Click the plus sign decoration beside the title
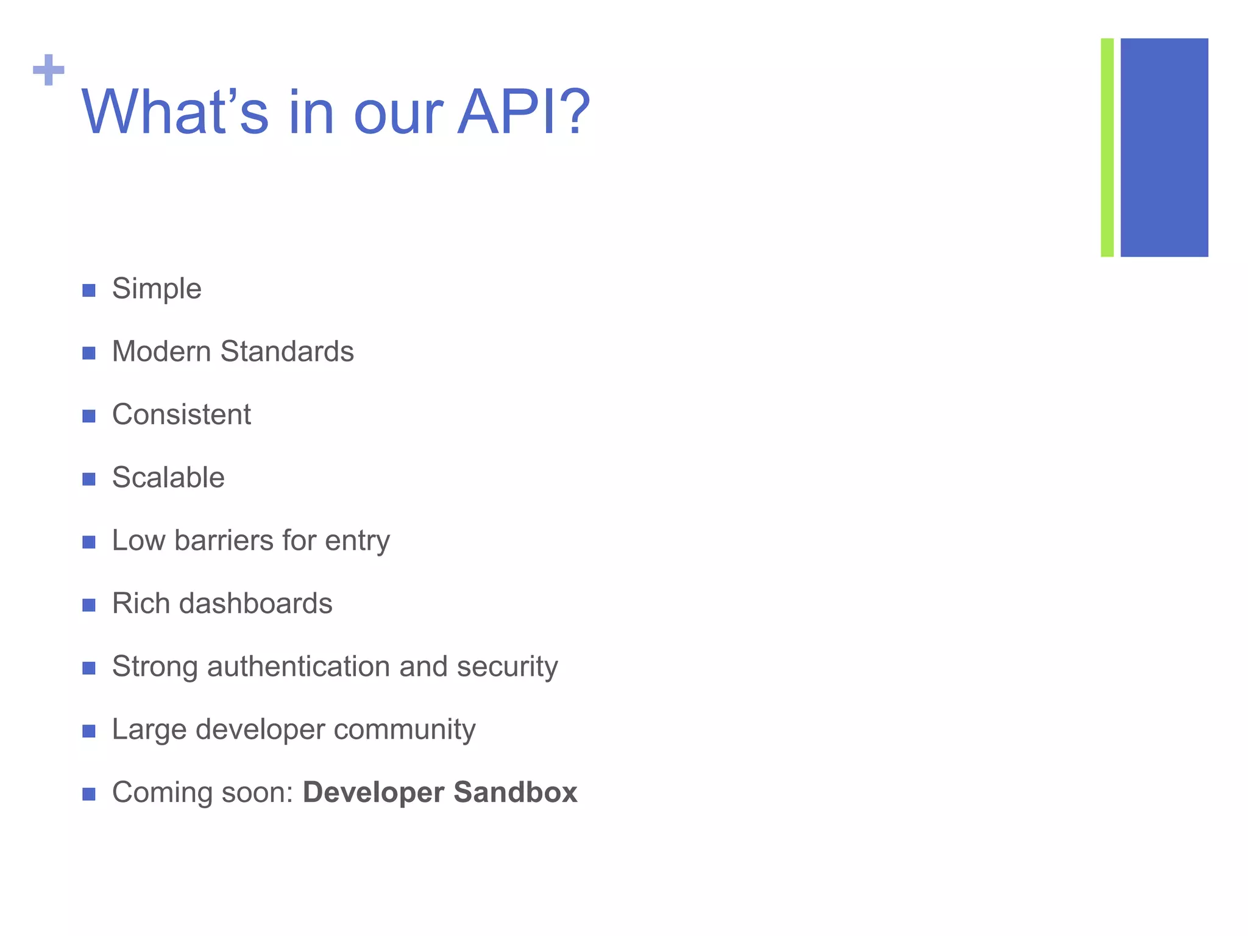tap(49, 70)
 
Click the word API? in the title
tap(523, 113)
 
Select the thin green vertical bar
tap(1107, 147)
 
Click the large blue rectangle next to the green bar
tap(1164, 147)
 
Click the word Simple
tap(157, 289)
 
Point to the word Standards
tap(286, 352)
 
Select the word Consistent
tap(181, 415)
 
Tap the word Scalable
tap(168, 478)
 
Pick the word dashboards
tap(255, 604)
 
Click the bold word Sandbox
tap(515, 793)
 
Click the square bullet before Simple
tap(89, 291)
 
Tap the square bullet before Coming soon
tap(89, 794)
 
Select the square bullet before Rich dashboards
tap(89, 605)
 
